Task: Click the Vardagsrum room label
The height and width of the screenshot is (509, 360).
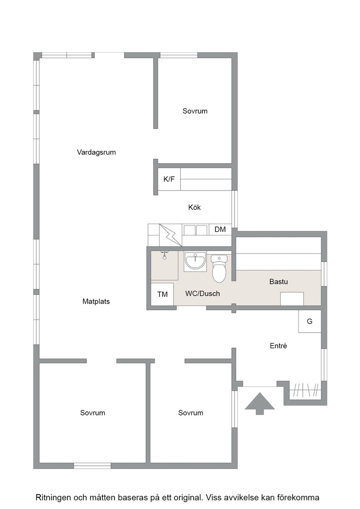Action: tap(96, 152)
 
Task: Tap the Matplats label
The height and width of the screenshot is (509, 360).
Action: tap(96, 302)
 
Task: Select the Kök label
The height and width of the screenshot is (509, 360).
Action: tap(195, 207)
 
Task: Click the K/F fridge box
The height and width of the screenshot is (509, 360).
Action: tap(169, 179)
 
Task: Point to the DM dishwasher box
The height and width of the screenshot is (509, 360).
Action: tap(220, 230)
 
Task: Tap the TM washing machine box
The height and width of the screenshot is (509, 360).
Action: tap(162, 294)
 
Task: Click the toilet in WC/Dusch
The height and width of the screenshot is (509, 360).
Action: tap(219, 269)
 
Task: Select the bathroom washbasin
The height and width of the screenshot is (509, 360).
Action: tap(195, 261)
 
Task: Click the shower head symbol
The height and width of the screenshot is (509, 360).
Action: tap(165, 255)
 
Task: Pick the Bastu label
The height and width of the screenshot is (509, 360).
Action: tap(279, 281)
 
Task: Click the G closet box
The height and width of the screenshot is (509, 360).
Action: tap(310, 321)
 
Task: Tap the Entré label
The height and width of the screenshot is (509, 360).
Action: tap(278, 346)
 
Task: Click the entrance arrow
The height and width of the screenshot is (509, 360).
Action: tap(260, 404)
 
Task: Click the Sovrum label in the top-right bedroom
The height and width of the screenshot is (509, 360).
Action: tap(195, 111)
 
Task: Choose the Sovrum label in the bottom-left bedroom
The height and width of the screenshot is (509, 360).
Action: tap(93, 413)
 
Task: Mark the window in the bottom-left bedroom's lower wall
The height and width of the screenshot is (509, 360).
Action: tap(93, 466)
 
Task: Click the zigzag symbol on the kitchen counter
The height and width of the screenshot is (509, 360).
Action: tap(170, 235)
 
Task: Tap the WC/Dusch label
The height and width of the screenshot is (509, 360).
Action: tap(203, 294)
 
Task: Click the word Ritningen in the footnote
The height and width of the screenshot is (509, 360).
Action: tap(52, 498)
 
